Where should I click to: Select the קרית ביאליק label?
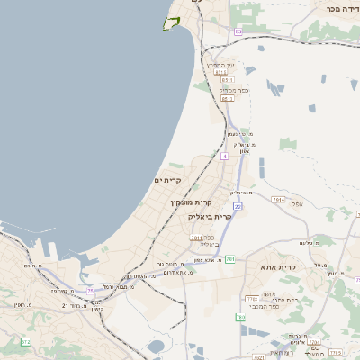click(210, 217)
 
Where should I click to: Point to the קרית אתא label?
click(281, 268)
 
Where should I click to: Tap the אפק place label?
click(297, 204)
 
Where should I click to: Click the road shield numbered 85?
click(238, 32)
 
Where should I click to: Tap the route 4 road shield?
click(224, 156)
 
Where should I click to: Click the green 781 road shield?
click(230, 259)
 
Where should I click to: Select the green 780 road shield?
click(241, 317)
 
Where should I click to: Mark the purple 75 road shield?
click(90, 290)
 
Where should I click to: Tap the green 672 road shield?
click(25, 343)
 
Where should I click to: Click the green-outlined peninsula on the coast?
click(171, 22)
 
